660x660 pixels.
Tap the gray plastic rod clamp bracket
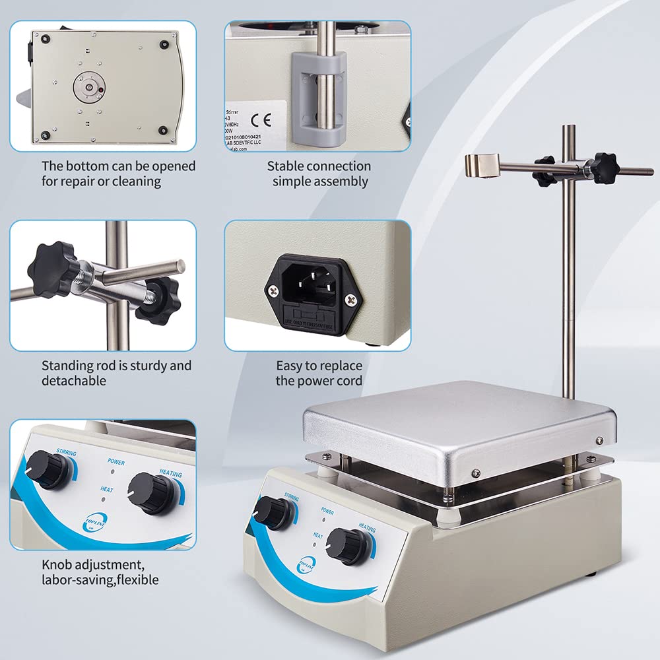pos(319,99)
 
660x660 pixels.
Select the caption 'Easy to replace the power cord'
pos(319,373)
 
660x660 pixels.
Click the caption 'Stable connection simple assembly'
pos(319,174)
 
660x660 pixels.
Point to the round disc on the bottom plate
pos(89,87)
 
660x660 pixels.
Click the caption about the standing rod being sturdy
pos(116,373)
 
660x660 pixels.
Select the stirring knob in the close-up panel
pos(50,469)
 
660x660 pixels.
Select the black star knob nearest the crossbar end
pos(603,168)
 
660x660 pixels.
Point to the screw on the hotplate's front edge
pos(476,472)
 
